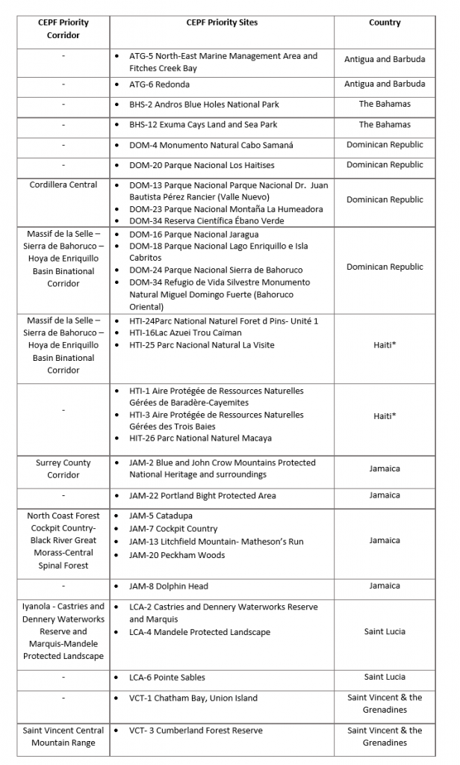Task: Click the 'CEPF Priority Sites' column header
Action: point(222,23)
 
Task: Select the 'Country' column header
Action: point(385,23)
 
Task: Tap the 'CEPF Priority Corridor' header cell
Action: point(63,29)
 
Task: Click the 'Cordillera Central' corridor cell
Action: point(63,185)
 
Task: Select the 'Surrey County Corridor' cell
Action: point(63,469)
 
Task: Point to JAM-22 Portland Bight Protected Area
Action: point(202,496)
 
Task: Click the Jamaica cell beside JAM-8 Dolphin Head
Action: point(385,586)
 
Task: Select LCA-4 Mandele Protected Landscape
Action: point(199,633)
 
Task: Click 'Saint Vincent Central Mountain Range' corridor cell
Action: point(63,737)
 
